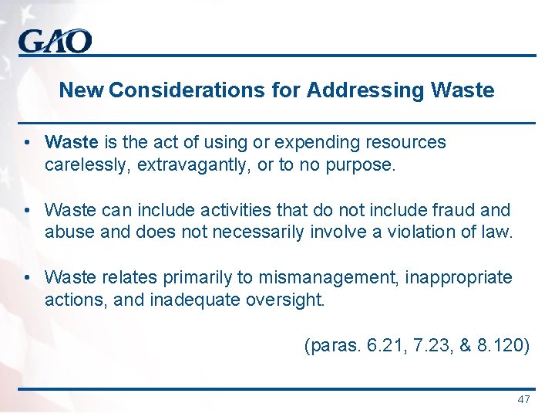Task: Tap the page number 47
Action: pos(524,399)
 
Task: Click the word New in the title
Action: pos(82,90)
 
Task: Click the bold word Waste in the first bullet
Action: pos(72,142)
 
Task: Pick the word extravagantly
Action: pos(192,164)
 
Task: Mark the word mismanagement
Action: pos(321,276)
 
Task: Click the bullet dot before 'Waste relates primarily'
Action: pos(27,276)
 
